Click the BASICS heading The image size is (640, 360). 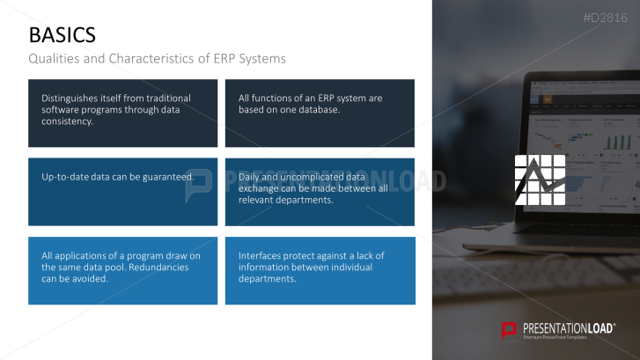click(63, 34)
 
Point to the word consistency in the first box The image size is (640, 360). click(67, 121)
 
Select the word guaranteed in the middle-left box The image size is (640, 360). click(165, 177)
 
